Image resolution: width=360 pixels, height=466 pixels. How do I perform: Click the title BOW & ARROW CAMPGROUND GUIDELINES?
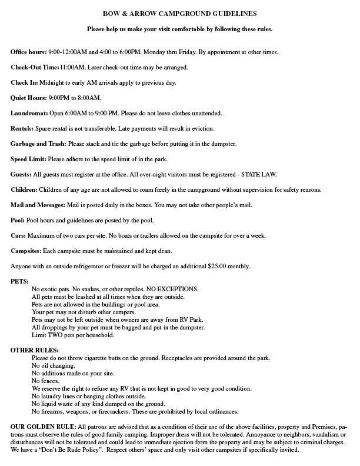tap(179, 12)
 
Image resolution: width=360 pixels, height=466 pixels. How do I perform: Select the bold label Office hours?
tap(29, 52)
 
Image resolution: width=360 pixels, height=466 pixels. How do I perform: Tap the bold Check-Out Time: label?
tap(35, 68)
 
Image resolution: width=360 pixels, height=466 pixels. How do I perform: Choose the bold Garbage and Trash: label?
tap(39, 144)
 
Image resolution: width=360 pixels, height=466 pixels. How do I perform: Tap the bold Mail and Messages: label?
tap(38, 205)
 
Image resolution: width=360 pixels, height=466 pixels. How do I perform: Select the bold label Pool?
tap(18, 220)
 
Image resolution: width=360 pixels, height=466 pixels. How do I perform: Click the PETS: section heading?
tap(19, 281)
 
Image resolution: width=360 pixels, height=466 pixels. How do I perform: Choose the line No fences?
tap(45, 381)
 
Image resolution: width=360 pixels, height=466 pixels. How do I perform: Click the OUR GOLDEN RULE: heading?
tap(43, 426)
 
